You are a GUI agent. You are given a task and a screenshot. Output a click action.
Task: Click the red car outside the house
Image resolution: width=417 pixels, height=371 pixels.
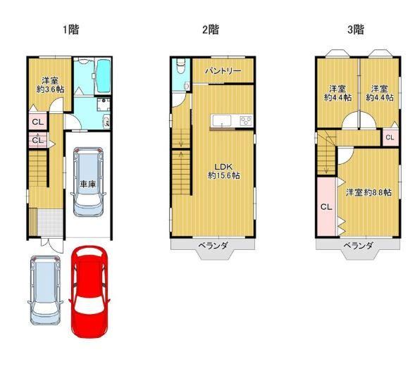(89, 292)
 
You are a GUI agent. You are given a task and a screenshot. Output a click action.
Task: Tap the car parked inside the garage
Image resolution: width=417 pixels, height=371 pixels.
(88, 182)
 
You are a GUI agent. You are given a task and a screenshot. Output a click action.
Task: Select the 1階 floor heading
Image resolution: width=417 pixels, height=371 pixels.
(70, 30)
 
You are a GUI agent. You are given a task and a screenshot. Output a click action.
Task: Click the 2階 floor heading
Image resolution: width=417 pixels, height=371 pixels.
(211, 30)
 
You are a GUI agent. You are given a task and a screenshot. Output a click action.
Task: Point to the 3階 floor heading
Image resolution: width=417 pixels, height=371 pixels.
(356, 30)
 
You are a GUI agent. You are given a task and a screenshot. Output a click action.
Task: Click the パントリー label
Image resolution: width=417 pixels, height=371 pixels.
(223, 70)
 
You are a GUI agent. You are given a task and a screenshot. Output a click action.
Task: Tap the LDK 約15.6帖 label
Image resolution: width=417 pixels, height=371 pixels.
(224, 171)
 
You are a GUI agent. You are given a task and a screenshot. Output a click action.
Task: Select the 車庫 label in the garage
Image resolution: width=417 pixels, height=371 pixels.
(88, 184)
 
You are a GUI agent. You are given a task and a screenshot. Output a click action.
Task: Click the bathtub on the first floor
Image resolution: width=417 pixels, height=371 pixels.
(103, 76)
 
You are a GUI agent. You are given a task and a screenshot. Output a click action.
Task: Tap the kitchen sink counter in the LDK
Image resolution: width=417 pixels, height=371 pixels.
(221, 121)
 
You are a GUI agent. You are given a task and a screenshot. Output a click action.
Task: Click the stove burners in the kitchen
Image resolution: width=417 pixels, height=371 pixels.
(246, 121)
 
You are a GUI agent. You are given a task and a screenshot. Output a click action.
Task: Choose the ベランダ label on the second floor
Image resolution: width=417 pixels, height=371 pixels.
(213, 245)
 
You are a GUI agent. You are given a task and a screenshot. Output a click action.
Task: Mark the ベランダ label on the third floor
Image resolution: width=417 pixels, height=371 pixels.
(359, 245)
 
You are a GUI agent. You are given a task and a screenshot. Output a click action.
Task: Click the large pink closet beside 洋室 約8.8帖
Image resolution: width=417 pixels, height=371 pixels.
(327, 206)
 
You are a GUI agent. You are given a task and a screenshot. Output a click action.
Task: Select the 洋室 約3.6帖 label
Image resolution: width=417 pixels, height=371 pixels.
(50, 84)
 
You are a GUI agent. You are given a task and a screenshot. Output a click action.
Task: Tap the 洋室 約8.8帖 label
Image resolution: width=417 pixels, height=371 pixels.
(368, 192)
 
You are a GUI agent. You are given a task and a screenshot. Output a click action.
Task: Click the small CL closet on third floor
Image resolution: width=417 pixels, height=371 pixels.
(390, 137)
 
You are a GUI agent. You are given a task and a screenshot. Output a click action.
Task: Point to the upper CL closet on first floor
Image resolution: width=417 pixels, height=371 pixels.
(38, 122)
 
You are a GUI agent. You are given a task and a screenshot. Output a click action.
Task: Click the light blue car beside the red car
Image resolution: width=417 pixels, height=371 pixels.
(45, 290)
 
